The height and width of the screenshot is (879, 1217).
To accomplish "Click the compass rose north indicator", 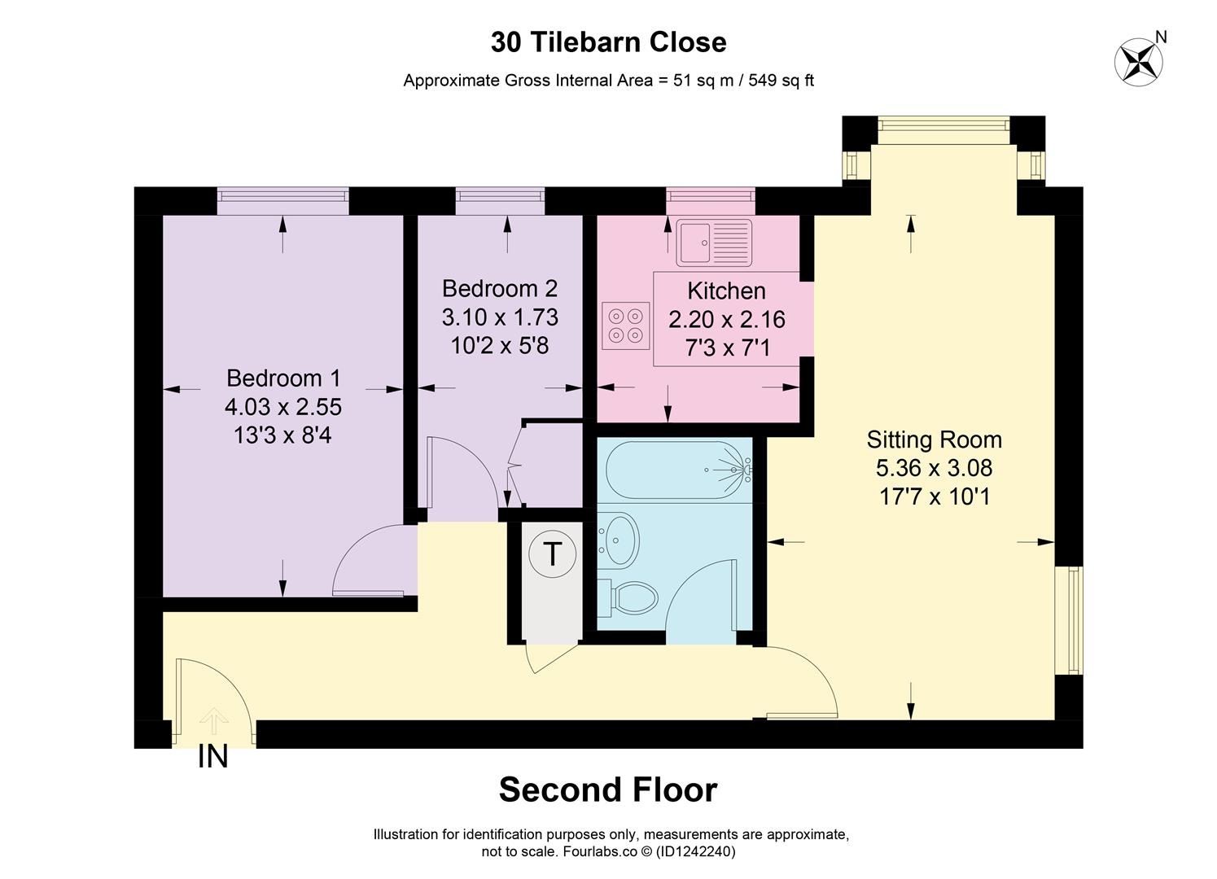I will pyautogui.click(x=1139, y=59).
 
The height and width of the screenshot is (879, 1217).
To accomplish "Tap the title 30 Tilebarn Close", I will pyautogui.click(x=608, y=42).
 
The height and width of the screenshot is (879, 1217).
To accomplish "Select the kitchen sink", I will pyautogui.click(x=714, y=242).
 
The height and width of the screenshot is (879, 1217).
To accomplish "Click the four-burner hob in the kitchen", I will pyautogui.click(x=626, y=325).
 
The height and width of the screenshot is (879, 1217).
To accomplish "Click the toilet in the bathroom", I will pyautogui.click(x=631, y=598).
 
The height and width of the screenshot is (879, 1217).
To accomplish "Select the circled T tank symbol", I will pyautogui.click(x=552, y=554).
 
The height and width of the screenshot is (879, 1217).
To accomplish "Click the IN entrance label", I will pyautogui.click(x=212, y=758).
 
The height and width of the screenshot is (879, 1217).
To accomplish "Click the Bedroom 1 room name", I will pyautogui.click(x=283, y=378).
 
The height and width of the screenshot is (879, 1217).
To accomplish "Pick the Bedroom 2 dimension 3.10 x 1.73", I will pyautogui.click(x=500, y=317).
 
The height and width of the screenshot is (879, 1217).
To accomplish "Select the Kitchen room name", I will pyautogui.click(x=726, y=291).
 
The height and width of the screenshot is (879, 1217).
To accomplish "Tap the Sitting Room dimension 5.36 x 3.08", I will pyautogui.click(x=934, y=468).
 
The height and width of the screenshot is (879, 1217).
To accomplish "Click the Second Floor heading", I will pyautogui.click(x=608, y=790).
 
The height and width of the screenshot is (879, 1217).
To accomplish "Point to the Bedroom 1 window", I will pyautogui.click(x=282, y=201).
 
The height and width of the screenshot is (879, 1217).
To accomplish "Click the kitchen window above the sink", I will pyautogui.click(x=710, y=201).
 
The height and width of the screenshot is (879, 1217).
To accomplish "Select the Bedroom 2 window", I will pyautogui.click(x=500, y=201).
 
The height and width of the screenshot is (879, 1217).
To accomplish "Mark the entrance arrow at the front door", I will pyautogui.click(x=213, y=721).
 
